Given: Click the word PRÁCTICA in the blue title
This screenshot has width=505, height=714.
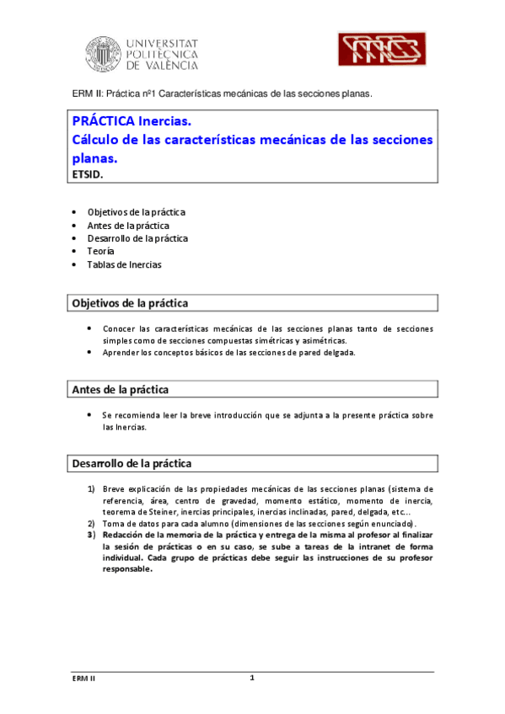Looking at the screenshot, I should pos(105,122).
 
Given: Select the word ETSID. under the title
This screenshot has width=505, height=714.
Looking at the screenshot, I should pos(89,174).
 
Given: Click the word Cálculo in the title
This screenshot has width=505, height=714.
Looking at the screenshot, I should pos(99,140).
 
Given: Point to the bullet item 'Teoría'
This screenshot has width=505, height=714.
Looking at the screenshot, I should pos(101,251).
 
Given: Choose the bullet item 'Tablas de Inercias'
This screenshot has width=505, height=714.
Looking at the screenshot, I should pos(124,264).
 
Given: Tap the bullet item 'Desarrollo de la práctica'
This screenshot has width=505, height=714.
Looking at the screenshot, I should pos(137,238).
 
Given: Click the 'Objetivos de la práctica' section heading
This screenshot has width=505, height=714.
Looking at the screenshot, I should pos(130,302).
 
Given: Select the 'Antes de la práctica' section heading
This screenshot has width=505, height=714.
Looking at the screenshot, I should pos(120,390).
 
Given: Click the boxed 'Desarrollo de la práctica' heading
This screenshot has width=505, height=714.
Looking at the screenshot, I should pos(132,463).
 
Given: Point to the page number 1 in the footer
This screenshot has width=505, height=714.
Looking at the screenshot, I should pos(251,678).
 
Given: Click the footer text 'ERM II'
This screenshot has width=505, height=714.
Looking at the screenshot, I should pos(83,679).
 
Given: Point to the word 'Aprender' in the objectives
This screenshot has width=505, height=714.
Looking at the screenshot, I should pos(121,353).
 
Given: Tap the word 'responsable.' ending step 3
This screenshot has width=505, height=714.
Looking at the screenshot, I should pos(127,568).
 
